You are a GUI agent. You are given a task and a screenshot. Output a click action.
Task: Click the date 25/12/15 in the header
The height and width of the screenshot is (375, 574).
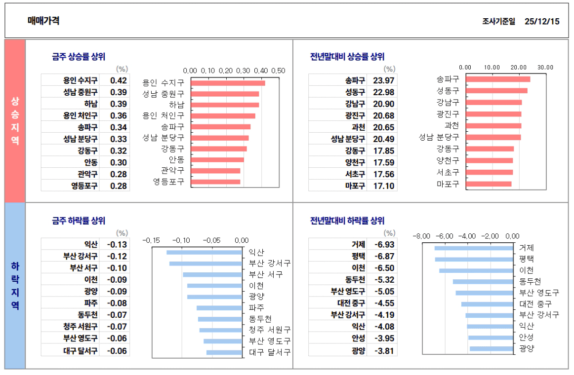[542, 21]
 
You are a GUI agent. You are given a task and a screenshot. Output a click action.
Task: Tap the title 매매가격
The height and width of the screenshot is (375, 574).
[43, 21]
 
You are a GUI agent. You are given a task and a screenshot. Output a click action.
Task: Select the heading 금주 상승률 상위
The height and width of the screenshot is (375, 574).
[79, 57]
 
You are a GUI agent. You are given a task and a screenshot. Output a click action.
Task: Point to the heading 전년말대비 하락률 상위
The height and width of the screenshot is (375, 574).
[347, 221]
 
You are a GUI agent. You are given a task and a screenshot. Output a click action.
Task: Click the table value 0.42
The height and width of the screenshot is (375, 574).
[119, 80]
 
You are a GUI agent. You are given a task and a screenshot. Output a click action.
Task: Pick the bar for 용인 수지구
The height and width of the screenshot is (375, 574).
[228, 83]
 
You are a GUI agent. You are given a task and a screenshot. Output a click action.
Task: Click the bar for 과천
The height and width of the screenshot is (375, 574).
[493, 126]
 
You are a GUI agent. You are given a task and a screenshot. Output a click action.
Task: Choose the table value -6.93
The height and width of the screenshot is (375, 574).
[384, 245]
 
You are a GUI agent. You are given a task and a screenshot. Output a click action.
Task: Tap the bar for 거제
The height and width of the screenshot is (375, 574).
[474, 248]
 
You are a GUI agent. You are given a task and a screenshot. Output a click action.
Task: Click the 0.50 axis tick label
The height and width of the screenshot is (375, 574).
[279, 71]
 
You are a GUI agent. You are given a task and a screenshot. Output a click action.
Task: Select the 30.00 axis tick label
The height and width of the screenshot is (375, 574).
[545, 67]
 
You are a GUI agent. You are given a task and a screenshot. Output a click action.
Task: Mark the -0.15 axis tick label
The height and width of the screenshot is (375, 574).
[152, 240]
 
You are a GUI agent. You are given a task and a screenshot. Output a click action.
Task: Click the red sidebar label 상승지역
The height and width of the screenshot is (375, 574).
[15, 120]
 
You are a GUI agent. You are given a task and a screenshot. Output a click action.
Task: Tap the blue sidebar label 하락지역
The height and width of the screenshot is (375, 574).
[15, 285]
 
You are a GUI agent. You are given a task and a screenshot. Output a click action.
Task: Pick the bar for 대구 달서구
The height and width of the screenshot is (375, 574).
[224, 352]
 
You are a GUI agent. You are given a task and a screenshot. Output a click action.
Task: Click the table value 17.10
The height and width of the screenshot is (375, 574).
[384, 186]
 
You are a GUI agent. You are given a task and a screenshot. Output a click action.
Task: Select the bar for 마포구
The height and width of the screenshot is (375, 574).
[488, 184]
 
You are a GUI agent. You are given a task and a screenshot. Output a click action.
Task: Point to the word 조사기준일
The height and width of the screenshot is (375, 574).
[498, 21]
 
